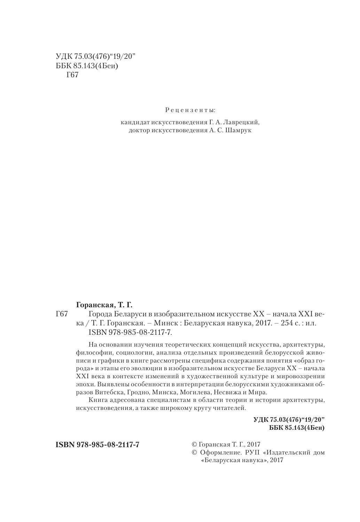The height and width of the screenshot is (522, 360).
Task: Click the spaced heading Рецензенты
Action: (x=190, y=110)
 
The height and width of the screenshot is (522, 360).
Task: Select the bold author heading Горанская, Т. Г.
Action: (x=104, y=305)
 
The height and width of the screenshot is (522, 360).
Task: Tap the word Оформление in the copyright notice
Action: (x=220, y=453)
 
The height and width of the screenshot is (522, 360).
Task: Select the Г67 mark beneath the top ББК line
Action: (x=72, y=75)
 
